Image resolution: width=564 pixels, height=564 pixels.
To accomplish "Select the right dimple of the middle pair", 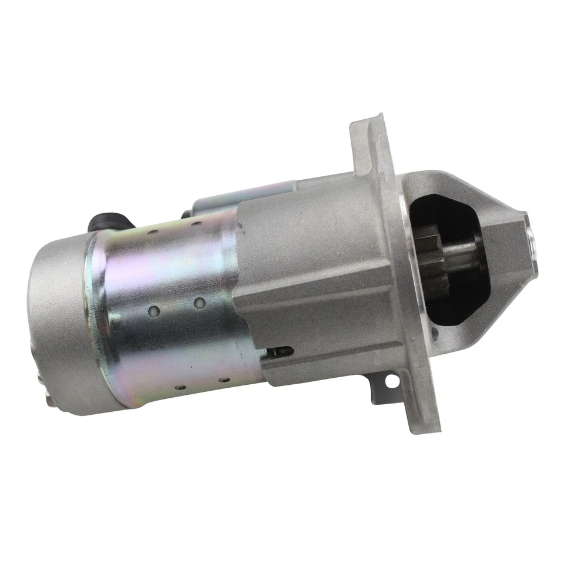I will (x=199, y=303).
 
